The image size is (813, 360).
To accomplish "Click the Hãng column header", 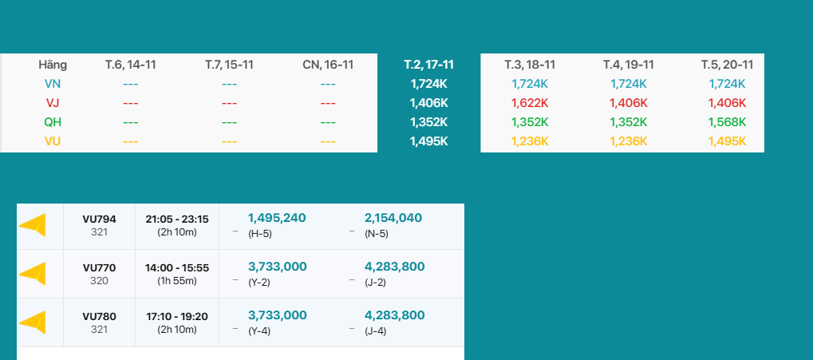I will point(53,65).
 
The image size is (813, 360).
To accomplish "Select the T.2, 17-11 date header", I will point(428,65).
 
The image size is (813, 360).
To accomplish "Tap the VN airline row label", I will point(53,83).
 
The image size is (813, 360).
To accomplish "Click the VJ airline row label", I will point(53,102).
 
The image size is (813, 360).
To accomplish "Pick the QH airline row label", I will point(53,122).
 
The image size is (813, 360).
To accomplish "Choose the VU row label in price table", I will point(53,141).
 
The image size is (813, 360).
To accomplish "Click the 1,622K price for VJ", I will point(530,102).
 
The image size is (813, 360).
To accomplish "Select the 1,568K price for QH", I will point(727,122).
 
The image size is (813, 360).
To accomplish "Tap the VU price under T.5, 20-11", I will point(727,141).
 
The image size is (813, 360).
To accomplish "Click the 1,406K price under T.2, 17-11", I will point(428,102).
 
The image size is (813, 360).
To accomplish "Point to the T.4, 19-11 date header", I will point(628,65).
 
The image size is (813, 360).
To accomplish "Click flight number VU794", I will point(99,219).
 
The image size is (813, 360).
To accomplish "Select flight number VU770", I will point(99,267).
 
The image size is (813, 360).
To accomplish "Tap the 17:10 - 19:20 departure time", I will point(176,316).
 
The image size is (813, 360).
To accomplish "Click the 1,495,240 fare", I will point(277,218).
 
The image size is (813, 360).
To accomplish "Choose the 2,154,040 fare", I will point(393,218).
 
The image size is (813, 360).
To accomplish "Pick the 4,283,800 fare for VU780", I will point(395,315).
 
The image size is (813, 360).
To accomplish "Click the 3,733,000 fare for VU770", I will point(277,267).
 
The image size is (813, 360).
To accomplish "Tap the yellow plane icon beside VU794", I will point(33,226).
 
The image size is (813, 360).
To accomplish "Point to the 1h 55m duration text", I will point(176,281).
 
